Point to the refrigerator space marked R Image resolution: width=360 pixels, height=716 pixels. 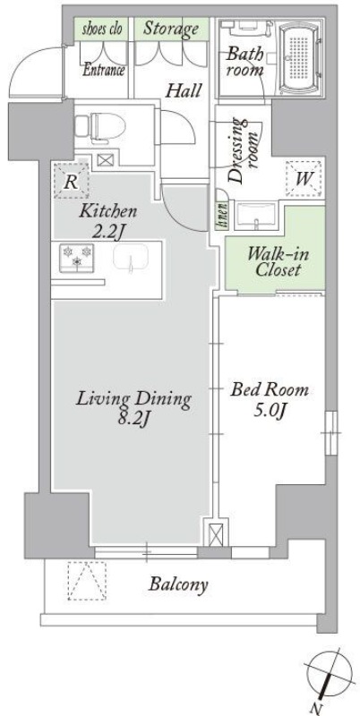(x=70, y=182)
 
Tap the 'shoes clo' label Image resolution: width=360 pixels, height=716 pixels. (x=103, y=30)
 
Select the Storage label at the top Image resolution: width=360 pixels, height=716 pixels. (x=171, y=29)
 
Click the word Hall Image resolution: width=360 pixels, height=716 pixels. (x=184, y=91)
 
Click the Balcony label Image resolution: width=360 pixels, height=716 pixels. (x=178, y=584)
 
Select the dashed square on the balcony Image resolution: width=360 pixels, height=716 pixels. (x=87, y=581)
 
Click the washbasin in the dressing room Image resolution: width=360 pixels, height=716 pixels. (x=256, y=216)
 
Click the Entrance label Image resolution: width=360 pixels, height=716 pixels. (x=104, y=71)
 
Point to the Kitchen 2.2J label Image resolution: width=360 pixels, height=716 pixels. (x=107, y=221)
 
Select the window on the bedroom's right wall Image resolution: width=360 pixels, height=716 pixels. (x=331, y=432)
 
